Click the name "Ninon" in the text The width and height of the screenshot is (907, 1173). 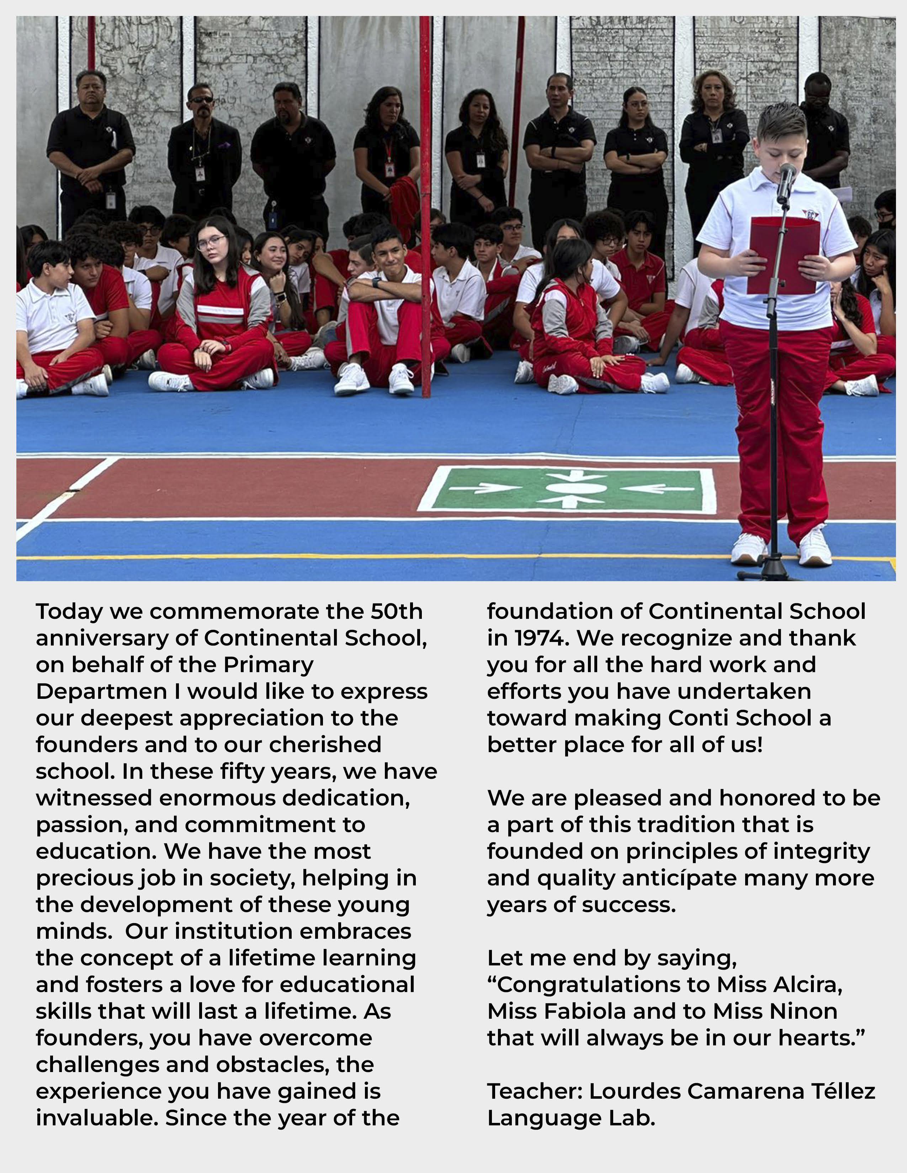(x=803, y=1011)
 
